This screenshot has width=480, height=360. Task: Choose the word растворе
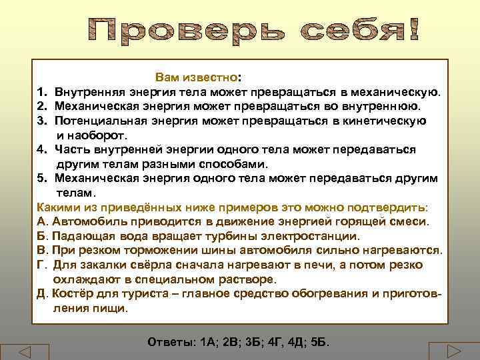coord(241,279)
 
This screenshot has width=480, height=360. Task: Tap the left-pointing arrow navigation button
coord(25,351)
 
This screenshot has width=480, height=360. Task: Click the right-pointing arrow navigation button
coord(454,351)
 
